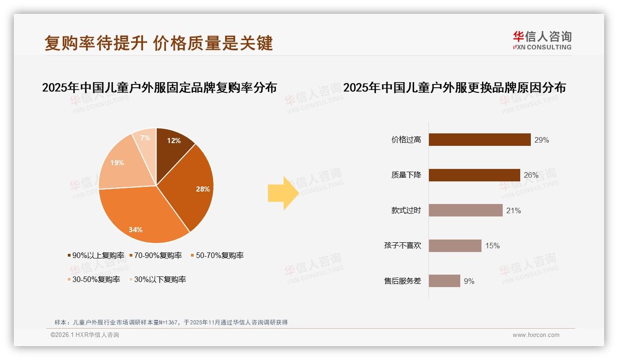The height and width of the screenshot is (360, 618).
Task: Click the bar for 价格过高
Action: (x=480, y=140)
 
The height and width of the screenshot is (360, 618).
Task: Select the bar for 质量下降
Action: (x=474, y=175)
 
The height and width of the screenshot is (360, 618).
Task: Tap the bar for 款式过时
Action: (x=465, y=210)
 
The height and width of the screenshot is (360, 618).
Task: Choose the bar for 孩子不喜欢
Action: (x=455, y=246)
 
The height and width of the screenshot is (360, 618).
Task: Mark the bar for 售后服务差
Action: (x=444, y=281)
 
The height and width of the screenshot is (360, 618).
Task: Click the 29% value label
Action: (x=541, y=140)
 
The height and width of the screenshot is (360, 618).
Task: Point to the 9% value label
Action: (x=469, y=282)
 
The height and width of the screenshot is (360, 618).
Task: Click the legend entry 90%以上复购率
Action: (x=96, y=256)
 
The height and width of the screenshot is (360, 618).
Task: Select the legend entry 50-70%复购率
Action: (x=217, y=256)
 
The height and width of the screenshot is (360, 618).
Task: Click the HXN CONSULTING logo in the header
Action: (x=542, y=41)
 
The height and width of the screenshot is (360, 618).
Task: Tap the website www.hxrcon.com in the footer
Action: (x=536, y=335)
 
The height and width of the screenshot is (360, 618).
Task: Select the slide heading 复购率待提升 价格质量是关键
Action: (x=159, y=43)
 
